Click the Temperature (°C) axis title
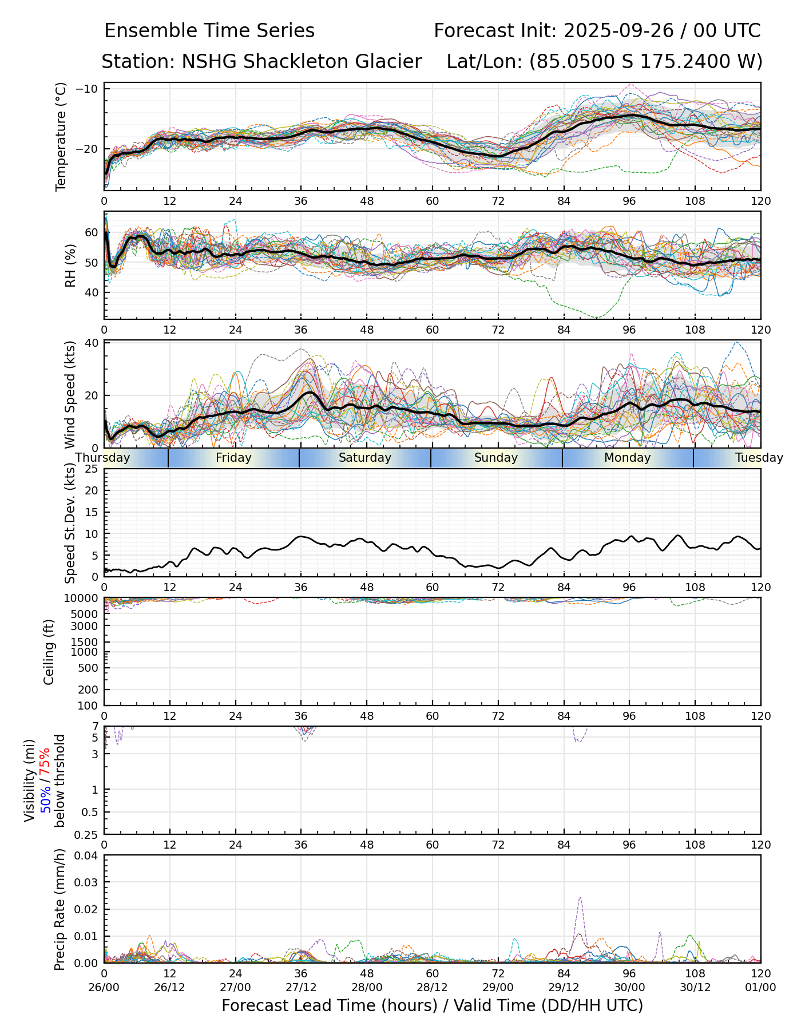[x=61, y=136]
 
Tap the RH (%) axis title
[x=70, y=266]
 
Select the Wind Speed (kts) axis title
[x=70, y=394]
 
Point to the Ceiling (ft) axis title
[x=49, y=652]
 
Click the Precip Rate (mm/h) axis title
[x=60, y=909]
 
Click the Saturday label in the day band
[x=365, y=458]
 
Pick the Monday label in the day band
[x=628, y=458]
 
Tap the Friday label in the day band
[x=233, y=458]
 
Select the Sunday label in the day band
[x=496, y=458]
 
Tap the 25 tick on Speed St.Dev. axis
[x=92, y=469]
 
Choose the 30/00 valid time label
[x=629, y=987]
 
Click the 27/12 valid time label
[x=301, y=987]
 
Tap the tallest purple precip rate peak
[x=580, y=898]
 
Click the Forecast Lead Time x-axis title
[x=432, y=1005]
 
